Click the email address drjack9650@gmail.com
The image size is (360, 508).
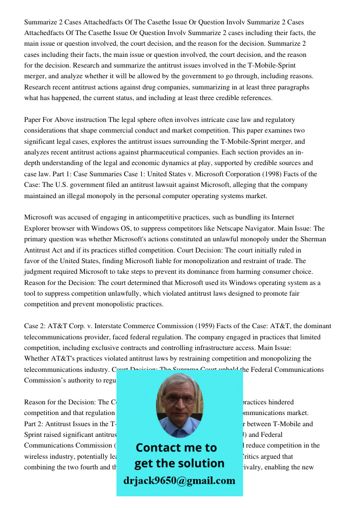pyautogui.click(x=179, y=481)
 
